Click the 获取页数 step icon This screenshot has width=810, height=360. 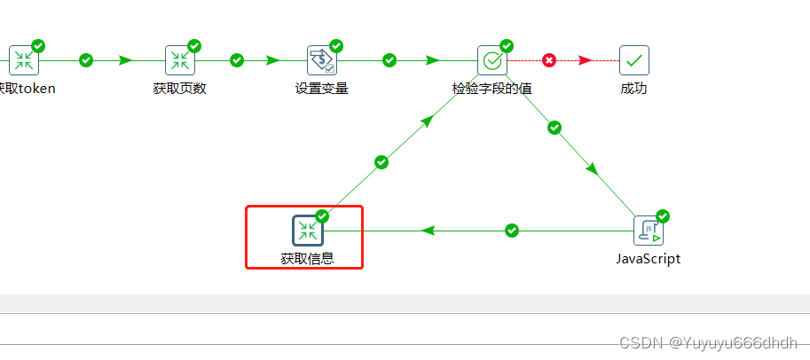(x=179, y=60)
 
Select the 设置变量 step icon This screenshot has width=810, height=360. (x=320, y=60)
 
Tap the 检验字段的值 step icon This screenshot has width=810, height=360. (x=492, y=60)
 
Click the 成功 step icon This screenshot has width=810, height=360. (x=633, y=60)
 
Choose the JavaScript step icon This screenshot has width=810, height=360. (x=649, y=231)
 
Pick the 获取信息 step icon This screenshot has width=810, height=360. (x=307, y=231)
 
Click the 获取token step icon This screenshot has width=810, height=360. (x=24, y=60)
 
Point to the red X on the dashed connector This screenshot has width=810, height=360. (x=549, y=60)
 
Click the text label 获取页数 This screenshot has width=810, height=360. (x=179, y=89)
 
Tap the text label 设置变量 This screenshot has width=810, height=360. (x=321, y=89)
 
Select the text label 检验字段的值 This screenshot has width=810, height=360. (x=492, y=89)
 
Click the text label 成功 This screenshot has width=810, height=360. (x=633, y=89)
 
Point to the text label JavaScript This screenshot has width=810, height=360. (x=649, y=259)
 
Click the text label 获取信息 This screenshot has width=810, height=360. (x=307, y=259)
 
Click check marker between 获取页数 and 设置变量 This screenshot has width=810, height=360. (x=237, y=60)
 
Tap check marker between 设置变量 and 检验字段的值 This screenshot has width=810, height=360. (x=389, y=60)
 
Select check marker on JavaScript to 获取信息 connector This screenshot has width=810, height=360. (x=511, y=231)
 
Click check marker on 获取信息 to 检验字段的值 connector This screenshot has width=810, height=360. (x=381, y=162)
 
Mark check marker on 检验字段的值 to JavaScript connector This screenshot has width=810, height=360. (x=554, y=128)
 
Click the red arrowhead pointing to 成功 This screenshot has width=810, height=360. (x=586, y=60)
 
